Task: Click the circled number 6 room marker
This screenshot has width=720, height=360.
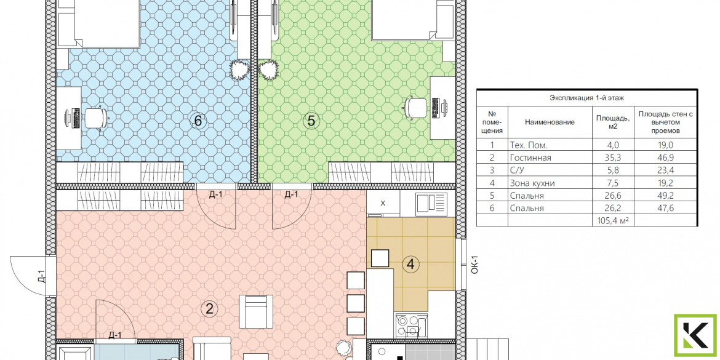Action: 198,121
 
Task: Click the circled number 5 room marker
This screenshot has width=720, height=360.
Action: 311,121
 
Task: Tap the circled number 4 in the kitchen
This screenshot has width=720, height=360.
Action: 411,264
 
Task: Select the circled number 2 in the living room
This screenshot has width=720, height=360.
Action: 209,309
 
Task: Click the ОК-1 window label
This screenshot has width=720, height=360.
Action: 475,265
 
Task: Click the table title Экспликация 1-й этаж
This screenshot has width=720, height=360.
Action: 586,97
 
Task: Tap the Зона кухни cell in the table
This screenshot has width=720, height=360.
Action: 532,183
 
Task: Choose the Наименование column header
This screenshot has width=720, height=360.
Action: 550,122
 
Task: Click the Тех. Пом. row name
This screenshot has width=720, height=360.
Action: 529,146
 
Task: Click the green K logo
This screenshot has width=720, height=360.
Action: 695,335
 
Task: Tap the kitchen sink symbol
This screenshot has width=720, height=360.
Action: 431,204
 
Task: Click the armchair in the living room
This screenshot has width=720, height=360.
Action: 256,311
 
